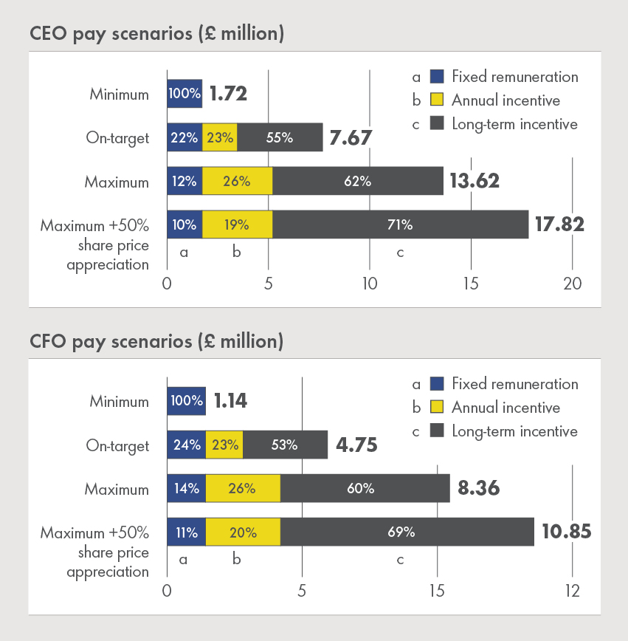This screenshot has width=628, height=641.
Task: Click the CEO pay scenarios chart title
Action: point(156,34)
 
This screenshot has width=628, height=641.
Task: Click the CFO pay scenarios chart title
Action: point(156,341)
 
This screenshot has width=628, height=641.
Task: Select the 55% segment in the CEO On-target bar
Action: point(280,137)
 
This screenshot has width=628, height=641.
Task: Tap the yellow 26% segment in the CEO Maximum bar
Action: point(236,181)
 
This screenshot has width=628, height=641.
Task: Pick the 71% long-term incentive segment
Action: point(400,224)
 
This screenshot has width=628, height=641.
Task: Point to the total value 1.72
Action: point(228,95)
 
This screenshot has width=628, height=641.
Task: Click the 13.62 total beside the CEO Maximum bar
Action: point(475,181)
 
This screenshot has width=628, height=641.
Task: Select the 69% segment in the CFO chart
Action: point(407,532)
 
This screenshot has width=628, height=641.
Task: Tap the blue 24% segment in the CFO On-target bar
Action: point(186,445)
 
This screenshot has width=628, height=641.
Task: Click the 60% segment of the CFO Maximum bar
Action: point(365,488)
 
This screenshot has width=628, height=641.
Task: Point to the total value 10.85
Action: point(565,532)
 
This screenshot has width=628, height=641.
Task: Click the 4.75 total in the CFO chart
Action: point(357,445)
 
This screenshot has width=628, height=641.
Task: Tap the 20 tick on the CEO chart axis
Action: point(573,284)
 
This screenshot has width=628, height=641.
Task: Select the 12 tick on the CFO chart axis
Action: point(573,591)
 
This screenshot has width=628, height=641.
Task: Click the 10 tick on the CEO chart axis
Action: point(369,284)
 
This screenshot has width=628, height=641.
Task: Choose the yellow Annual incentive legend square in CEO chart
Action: point(437,100)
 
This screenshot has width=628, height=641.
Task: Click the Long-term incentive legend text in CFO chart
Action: point(515,431)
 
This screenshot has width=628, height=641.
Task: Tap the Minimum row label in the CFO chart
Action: point(120,402)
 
